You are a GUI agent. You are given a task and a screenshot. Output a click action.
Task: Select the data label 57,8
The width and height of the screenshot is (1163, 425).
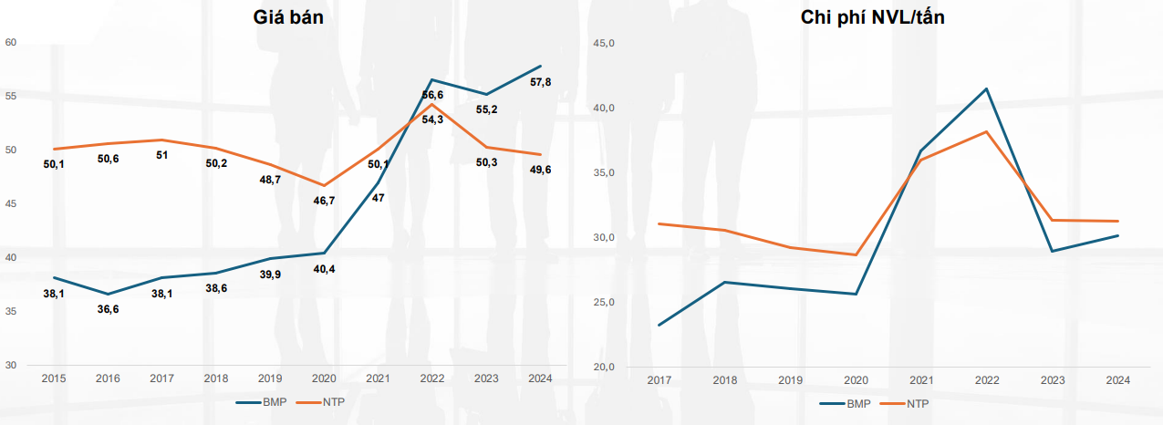click(541, 83)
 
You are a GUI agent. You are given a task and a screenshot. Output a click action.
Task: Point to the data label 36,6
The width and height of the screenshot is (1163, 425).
click(108, 309)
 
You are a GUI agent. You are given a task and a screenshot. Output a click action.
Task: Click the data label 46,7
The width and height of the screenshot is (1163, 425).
click(325, 200)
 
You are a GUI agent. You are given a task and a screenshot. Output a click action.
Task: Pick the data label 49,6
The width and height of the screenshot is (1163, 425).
click(540, 170)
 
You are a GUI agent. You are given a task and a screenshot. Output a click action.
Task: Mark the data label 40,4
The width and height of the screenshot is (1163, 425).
click(325, 269)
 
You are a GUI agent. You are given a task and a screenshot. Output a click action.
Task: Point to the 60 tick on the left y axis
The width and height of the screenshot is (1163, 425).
click(11, 42)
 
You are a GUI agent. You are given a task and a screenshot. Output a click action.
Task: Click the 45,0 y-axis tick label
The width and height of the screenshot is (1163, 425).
click(606, 43)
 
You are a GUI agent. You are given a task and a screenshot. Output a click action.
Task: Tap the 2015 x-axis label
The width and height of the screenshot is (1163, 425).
click(54, 378)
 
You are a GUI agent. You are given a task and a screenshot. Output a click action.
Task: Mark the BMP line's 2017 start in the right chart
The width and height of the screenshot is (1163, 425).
click(658, 325)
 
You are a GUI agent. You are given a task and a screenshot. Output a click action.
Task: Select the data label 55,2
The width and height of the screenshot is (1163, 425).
click(486, 109)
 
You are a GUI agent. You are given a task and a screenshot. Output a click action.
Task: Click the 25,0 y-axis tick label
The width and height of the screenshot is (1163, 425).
click(606, 302)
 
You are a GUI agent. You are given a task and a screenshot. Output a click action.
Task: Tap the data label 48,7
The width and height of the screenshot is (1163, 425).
click(271, 181)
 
